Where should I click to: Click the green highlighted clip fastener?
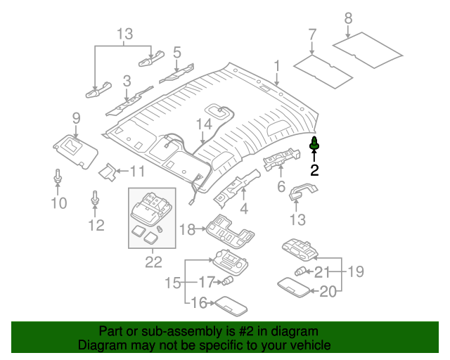(x=314, y=144)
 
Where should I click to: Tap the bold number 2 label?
(x=314, y=169)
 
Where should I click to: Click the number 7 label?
(x=312, y=34)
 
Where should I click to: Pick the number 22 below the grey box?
(x=153, y=262)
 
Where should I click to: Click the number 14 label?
(x=203, y=125)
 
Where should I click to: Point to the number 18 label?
(x=186, y=230)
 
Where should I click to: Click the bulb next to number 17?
(x=228, y=282)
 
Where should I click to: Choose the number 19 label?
(x=356, y=271)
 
